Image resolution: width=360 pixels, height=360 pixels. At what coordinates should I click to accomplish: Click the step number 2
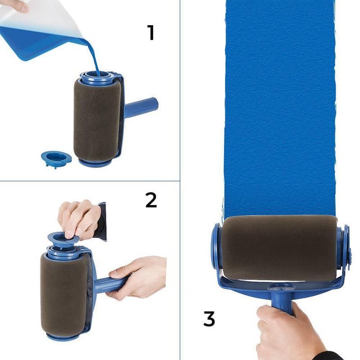tap(151, 200)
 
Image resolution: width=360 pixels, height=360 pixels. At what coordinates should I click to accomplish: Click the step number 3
tap(208, 319)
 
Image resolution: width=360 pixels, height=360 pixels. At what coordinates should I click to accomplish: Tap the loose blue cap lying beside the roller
tap(56, 158)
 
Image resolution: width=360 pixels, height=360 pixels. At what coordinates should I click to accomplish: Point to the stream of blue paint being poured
tap(93, 54)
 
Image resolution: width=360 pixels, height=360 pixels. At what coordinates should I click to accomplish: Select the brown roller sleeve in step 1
tap(96, 119)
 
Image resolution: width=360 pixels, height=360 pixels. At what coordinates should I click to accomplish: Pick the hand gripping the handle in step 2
tap(137, 275)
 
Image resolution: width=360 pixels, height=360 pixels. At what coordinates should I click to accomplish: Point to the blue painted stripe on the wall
tap(279, 108)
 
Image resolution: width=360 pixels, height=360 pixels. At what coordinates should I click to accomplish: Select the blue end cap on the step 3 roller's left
tap(216, 247)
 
